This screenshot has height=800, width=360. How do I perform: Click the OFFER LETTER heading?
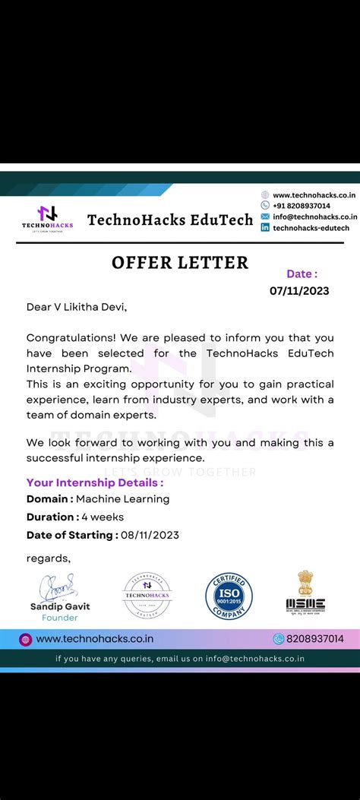click(180, 263)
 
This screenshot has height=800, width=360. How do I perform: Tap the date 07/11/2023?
click(299, 290)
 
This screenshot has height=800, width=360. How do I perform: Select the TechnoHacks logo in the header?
click(48, 218)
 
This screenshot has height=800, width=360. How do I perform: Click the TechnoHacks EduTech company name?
click(170, 220)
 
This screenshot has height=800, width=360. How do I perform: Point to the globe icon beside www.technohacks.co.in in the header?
click(265, 195)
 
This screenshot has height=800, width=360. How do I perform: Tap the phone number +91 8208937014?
click(302, 206)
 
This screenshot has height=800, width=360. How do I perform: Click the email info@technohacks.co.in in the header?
click(314, 217)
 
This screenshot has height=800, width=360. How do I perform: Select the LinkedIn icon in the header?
click(265, 227)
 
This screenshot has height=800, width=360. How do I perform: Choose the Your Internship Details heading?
click(94, 482)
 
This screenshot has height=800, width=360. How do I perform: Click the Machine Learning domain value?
click(122, 499)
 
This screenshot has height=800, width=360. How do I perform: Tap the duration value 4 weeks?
click(103, 517)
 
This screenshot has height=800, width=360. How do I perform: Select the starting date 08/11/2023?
click(150, 535)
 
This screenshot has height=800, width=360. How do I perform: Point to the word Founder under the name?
click(60, 618)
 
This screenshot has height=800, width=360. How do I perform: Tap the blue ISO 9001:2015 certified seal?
click(229, 595)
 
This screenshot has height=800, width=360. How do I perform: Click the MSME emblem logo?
click(305, 593)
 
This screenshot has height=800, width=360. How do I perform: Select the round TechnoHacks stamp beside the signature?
click(147, 595)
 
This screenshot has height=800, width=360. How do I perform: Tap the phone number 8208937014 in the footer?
click(314, 639)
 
